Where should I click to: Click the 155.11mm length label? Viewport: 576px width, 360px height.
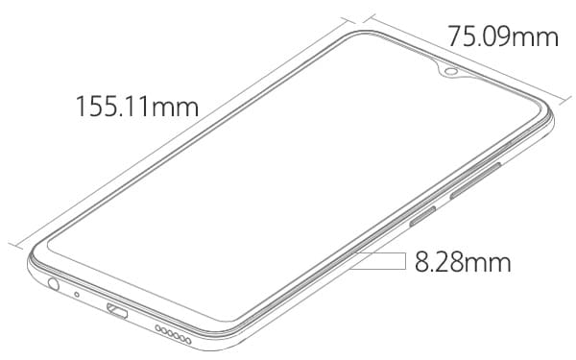pyautogui.click(x=137, y=107)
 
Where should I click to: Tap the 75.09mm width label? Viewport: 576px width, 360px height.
pyautogui.click(x=503, y=36)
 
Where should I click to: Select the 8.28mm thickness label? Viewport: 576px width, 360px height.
pyautogui.click(x=463, y=262)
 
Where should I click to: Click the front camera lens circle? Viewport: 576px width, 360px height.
pyautogui.click(x=449, y=71)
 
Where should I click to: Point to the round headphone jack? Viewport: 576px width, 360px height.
pyautogui.click(x=54, y=283)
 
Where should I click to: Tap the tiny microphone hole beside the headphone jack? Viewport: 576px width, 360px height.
pyautogui.click(x=77, y=295)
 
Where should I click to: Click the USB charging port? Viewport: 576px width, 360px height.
pyautogui.click(x=117, y=310)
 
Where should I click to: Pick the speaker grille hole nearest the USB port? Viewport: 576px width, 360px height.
pyautogui.click(x=158, y=328)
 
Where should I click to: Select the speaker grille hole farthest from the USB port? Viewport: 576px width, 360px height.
pyautogui.click(x=188, y=341)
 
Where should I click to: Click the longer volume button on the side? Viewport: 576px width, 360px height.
pyautogui.click(x=476, y=180)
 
